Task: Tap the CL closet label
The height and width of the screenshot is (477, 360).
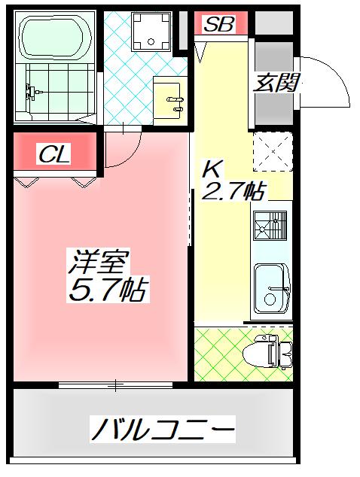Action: pyautogui.click(x=54, y=153)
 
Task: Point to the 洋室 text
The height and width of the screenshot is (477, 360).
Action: pyautogui.click(x=98, y=261)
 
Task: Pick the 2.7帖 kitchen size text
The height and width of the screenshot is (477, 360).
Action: pyautogui.click(x=233, y=190)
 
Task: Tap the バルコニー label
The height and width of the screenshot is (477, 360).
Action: pyautogui.click(x=163, y=430)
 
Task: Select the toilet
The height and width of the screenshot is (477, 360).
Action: pyautogui.click(x=267, y=351)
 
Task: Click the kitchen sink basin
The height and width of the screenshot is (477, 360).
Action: pyautogui.click(x=271, y=288)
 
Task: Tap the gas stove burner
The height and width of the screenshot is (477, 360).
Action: pyautogui.click(x=270, y=225)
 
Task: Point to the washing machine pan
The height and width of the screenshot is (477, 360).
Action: pyautogui.click(x=151, y=31)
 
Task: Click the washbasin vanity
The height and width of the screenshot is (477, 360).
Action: pyautogui.click(x=169, y=101)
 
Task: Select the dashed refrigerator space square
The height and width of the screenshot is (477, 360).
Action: pyautogui.click(x=273, y=151)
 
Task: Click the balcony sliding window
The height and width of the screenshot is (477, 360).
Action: pyautogui.click(x=115, y=384)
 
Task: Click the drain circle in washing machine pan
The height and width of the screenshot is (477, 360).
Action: pyautogui.click(x=151, y=41)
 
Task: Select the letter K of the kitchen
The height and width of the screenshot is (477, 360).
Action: pyautogui.click(x=212, y=169)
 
